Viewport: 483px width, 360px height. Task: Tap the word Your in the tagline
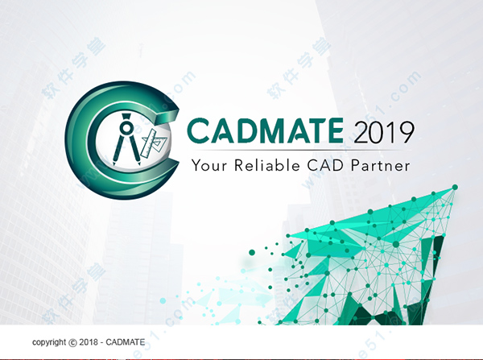pyautogui.click(x=212, y=167)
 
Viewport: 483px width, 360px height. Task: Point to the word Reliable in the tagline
pyautogui.click(x=274, y=167)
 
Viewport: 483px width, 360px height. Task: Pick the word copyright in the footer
pyautogui.click(x=51, y=342)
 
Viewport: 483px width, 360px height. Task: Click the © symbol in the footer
pyautogui.click(x=76, y=342)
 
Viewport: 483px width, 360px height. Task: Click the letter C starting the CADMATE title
pyautogui.click(x=198, y=130)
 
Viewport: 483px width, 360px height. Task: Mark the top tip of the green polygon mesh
pyautogui.click(x=455, y=187)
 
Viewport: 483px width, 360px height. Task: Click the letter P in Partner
pyautogui.click(x=361, y=167)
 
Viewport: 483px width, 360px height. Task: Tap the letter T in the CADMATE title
pyautogui.click(x=316, y=130)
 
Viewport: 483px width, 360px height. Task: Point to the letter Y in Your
pyautogui.click(x=196, y=167)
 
